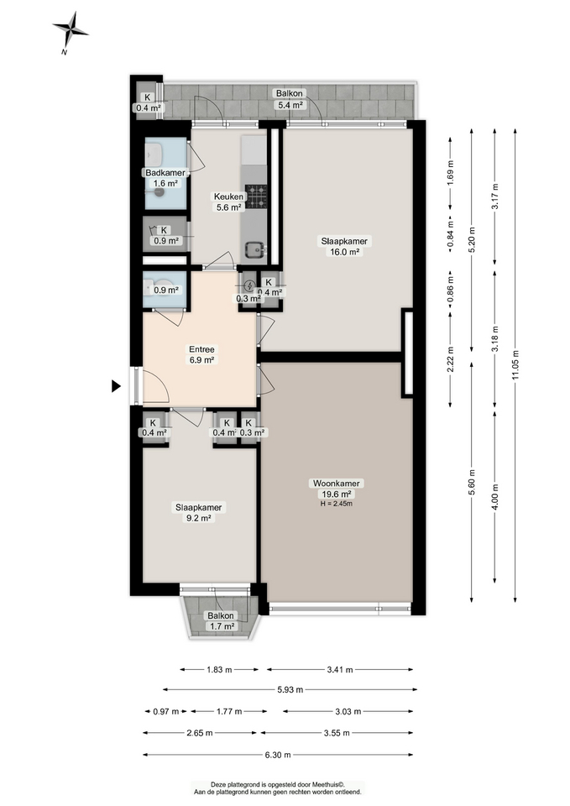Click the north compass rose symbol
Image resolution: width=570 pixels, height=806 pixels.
click(71, 30)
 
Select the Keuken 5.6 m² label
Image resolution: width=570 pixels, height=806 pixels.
click(227, 201)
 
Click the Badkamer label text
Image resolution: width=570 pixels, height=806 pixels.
click(165, 173)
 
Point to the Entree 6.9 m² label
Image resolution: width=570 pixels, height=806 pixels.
click(201, 354)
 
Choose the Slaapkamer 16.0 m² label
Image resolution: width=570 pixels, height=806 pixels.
click(344, 245)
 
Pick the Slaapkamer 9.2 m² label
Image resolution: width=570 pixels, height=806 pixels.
click(199, 512)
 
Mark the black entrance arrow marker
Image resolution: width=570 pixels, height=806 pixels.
click(118, 386)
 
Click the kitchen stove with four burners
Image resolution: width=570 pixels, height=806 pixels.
click(255, 197)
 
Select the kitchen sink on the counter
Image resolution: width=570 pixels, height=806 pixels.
click(254, 248)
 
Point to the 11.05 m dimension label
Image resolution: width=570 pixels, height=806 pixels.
click(515, 353)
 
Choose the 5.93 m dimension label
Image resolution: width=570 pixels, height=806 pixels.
click(290, 690)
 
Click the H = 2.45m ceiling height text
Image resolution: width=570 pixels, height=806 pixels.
click(336, 504)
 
